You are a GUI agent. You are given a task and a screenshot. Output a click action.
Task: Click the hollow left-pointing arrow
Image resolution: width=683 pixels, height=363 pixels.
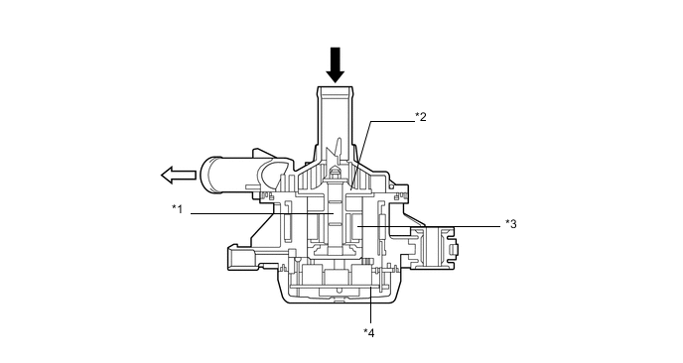click(176, 177)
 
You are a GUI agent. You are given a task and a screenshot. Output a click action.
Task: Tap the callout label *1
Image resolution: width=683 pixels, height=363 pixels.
click(177, 208)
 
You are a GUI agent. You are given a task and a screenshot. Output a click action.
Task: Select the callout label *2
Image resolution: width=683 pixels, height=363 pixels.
click(421, 116)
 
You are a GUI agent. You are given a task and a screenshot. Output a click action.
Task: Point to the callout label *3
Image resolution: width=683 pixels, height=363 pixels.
click(510, 223)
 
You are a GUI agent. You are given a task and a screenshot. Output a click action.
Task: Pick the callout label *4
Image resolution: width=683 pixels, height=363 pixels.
click(369, 332)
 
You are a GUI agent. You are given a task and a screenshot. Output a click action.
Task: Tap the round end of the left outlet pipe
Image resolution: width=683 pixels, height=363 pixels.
click(211, 177)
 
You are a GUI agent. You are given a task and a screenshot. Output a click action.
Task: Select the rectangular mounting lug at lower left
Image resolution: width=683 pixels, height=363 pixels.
click(242, 260)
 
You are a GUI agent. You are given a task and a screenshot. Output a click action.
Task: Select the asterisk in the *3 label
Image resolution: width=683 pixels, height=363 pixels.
click(506, 222)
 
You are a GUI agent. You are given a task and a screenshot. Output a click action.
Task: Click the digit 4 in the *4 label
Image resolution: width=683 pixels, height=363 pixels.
click(372, 332)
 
